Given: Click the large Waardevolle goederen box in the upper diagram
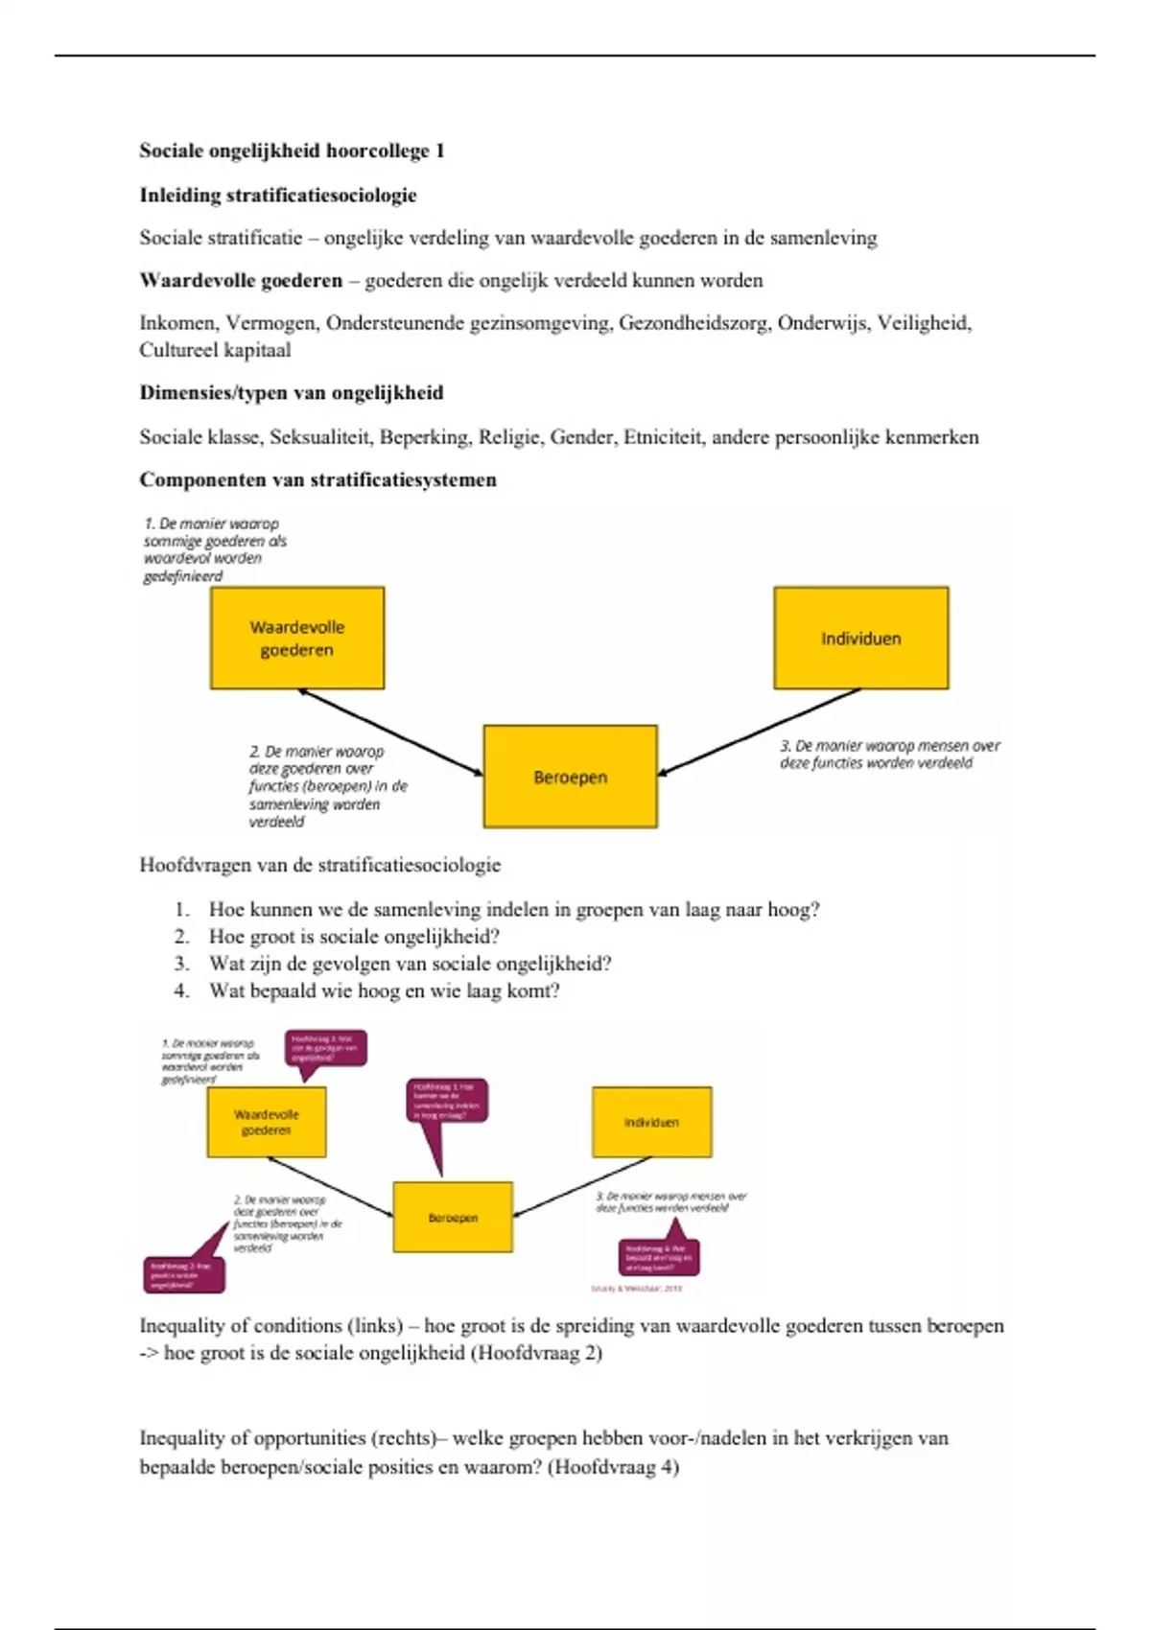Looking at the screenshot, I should tap(297, 639).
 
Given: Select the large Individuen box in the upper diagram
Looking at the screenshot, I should tap(861, 639).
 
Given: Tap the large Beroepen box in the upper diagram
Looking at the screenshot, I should tap(571, 777).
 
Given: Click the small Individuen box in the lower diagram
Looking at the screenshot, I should tap(652, 1122).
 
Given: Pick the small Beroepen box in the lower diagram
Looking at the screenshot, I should tap(453, 1218).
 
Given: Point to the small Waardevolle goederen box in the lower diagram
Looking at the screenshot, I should tap(267, 1122).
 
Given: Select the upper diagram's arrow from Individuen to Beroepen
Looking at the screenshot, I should tap(758, 732).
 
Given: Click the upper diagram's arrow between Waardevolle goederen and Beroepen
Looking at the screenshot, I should tap(390, 732).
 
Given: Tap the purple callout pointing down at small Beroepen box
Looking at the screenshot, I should tap(447, 1102).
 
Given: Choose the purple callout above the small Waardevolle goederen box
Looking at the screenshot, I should tap(325, 1049).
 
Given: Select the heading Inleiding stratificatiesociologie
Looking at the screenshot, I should tap(278, 196).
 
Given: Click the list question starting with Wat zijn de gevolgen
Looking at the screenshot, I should tap(410, 964).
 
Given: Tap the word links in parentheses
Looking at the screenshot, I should tap(377, 1326).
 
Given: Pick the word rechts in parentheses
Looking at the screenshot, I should tap(408, 1438).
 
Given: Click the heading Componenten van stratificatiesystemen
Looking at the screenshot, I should tap(318, 480).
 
